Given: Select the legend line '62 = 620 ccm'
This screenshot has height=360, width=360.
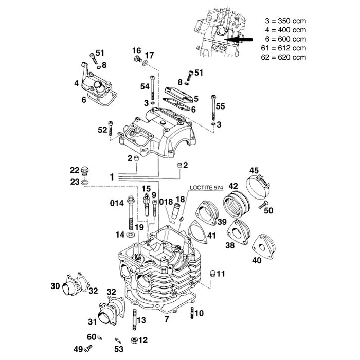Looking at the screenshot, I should [x=284, y=57].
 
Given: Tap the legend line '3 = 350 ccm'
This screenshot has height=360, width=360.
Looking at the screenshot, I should [x=284, y=22].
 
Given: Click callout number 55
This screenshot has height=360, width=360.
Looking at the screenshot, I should [x=221, y=106].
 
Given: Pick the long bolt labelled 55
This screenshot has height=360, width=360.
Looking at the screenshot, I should [x=213, y=110].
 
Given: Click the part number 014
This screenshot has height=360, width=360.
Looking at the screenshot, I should [x=116, y=203].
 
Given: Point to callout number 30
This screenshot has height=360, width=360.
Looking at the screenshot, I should [x=55, y=286].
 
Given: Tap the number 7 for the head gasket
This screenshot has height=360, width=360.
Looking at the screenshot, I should [x=166, y=319].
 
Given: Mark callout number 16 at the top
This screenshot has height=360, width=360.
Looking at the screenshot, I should [x=136, y=50].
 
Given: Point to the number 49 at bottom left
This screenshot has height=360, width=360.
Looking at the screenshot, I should [x=78, y=349].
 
